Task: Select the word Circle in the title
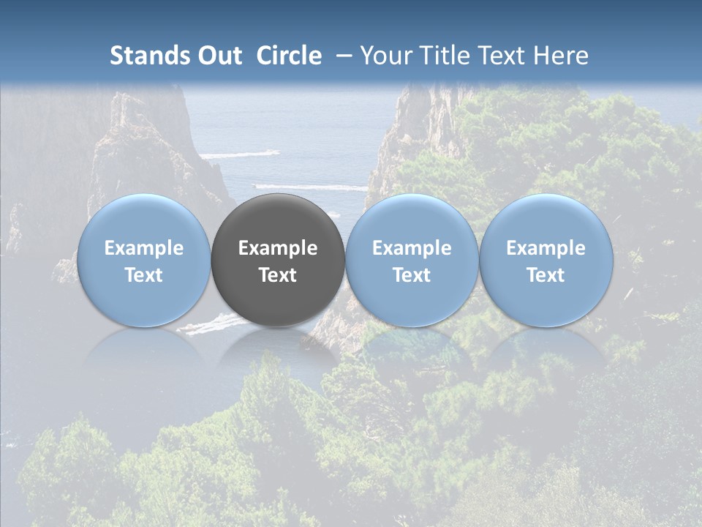point(289,56)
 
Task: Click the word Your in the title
point(382,56)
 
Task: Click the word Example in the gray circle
point(278,248)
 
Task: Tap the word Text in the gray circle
point(278,275)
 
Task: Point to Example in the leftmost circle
point(143,248)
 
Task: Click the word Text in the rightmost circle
point(546,275)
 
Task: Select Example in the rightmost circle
point(546,248)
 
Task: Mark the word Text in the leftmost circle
point(143,275)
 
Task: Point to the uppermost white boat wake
point(240,154)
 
